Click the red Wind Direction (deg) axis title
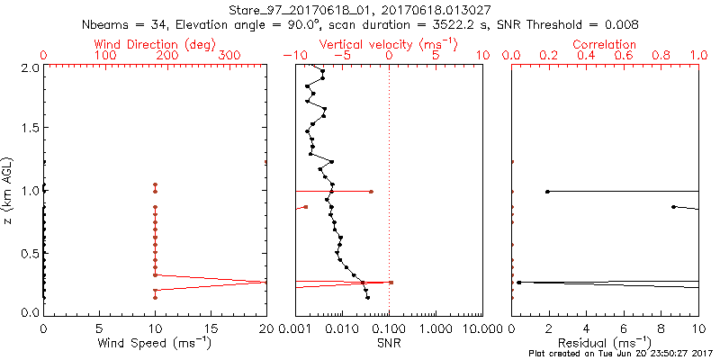pyautogui.click(x=155, y=44)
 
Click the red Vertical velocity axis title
pyautogui.click(x=388, y=44)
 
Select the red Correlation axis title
pyautogui.click(x=605, y=44)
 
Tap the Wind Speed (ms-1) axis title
pyautogui.click(x=155, y=342)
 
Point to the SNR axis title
pyautogui.click(x=388, y=342)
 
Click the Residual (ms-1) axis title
pyautogui.click(x=605, y=342)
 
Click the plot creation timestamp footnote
pyautogui.click(x=620, y=354)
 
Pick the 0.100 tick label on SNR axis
pyautogui.click(x=389, y=328)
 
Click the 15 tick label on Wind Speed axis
pyautogui.click(x=211, y=328)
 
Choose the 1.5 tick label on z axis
pyautogui.click(x=31, y=129)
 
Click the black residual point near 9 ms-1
pyautogui.click(x=673, y=207)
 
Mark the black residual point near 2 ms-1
pyautogui.click(x=547, y=192)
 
